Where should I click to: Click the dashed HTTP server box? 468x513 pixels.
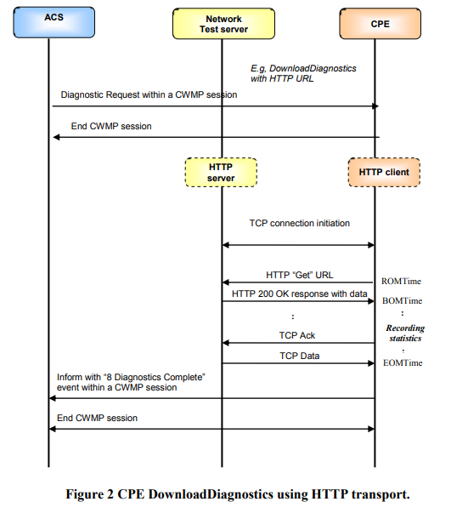pyautogui.click(x=222, y=173)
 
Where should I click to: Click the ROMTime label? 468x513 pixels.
pyautogui.click(x=401, y=281)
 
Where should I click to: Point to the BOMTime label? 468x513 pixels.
pyautogui.click(x=401, y=301)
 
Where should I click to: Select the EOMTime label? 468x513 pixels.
pyautogui.click(x=401, y=363)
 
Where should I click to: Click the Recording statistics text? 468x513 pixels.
pyautogui.click(x=405, y=333)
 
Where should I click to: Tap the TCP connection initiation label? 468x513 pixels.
pyautogui.click(x=299, y=224)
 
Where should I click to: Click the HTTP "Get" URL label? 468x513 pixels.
pyautogui.click(x=299, y=274)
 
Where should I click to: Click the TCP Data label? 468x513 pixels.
pyautogui.click(x=299, y=355)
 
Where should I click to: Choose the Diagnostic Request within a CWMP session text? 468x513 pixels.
pyautogui.click(x=149, y=94)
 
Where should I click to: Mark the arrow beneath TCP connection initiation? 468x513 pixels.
pyautogui.click(x=298, y=245)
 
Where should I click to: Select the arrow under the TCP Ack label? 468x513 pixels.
pyautogui.click(x=298, y=344)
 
